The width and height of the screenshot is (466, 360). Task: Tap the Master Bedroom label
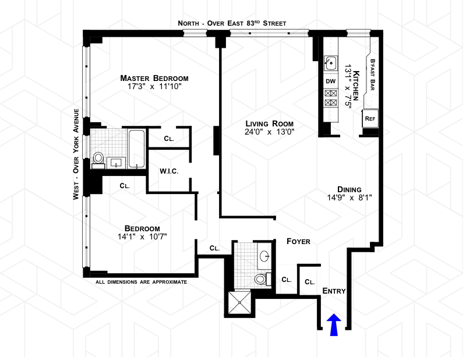pos(154,78)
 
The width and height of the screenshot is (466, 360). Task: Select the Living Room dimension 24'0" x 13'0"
pos(269,132)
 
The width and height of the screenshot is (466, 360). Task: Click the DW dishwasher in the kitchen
pos(330,80)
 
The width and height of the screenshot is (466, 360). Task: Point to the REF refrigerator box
pos(369,118)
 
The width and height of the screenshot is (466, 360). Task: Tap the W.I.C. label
pos(168,171)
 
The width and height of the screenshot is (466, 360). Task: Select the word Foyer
pos(298,241)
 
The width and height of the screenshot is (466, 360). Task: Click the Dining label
pos(349,189)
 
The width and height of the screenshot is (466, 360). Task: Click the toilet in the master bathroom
pos(98,158)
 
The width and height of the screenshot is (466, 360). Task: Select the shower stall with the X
pos(239,303)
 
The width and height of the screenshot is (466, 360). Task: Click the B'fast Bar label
pos(372,73)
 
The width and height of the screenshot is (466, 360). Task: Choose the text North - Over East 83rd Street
pos(232,23)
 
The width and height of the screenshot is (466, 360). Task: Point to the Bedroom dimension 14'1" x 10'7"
pos(142,237)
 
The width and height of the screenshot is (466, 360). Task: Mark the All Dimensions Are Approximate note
pos(142,282)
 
